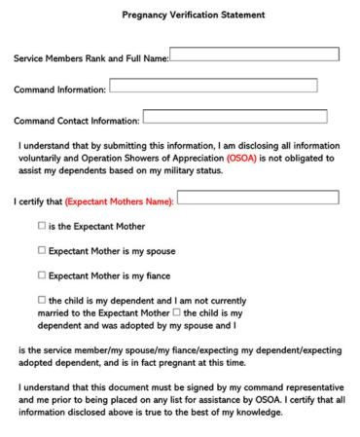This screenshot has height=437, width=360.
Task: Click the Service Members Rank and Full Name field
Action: tap(254, 55)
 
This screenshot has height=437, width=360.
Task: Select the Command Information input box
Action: tap(213, 86)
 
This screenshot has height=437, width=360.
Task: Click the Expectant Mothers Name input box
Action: tap(258, 198)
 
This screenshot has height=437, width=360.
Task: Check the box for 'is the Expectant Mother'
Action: tap(42, 226)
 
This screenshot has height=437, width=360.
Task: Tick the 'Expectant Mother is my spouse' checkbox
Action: tap(42, 249)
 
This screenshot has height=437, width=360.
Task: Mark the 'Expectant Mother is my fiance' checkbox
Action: tap(42, 274)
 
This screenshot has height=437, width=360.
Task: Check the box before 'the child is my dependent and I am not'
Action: tap(42, 300)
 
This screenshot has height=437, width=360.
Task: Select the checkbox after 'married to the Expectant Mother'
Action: tap(176, 312)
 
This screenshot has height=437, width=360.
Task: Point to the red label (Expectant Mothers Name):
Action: tap(120, 202)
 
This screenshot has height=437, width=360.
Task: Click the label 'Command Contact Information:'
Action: tap(76, 122)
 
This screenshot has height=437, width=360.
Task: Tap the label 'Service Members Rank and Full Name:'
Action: tap(90, 59)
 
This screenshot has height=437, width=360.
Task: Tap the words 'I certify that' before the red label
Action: tap(38, 202)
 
